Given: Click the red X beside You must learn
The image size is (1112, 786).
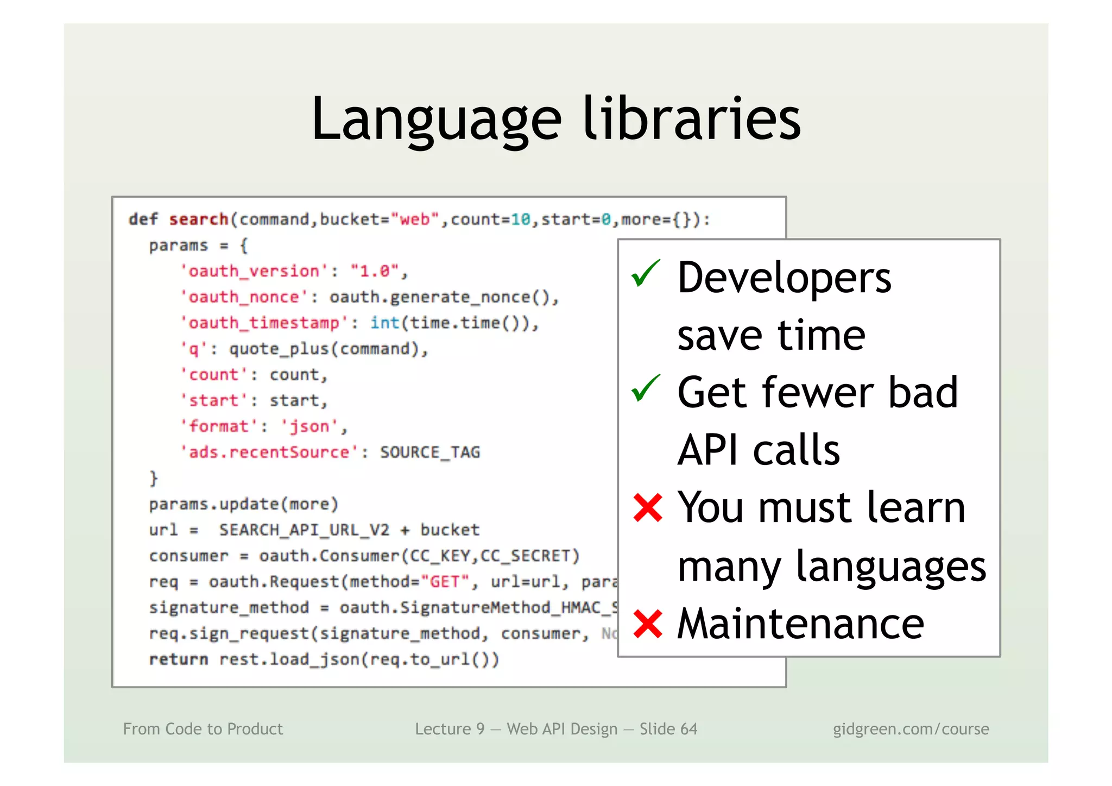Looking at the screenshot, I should pos(648,508).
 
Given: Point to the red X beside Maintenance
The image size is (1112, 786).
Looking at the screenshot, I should pos(648,624).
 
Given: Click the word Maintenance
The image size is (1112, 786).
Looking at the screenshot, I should pos(800,624).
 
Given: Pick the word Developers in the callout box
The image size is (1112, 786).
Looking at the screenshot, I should pos(784,278).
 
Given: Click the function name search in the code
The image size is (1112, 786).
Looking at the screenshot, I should pos(198,219).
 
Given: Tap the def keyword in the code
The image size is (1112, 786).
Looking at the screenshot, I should pos(143,219).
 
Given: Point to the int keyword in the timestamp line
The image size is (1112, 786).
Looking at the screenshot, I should pos(384,323).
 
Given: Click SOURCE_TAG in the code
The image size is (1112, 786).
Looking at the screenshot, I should pos(429,452).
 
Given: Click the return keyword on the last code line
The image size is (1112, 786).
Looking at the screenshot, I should pos(179,659).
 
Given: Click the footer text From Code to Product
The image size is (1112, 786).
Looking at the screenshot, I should pos(203,729).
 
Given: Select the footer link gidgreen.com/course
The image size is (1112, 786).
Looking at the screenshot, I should pos(911,729).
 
